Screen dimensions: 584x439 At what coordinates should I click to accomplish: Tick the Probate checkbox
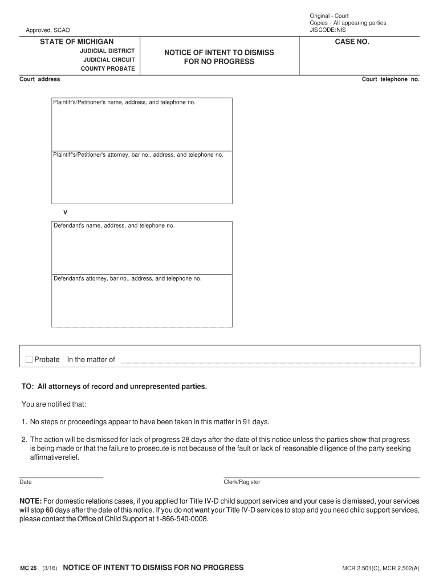coord(29,359)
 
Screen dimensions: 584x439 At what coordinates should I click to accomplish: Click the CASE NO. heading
coord(352,42)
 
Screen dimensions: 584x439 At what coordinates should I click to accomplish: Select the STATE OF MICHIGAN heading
coord(77,42)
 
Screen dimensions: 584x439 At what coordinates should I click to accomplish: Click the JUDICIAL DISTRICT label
coord(107,51)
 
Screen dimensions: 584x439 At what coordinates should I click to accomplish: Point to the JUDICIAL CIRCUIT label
coord(109,60)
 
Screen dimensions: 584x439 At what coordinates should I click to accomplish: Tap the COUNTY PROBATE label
coord(108,69)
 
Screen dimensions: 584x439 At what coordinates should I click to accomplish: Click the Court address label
coord(40,79)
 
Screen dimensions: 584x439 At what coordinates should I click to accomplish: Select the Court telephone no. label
coord(391,79)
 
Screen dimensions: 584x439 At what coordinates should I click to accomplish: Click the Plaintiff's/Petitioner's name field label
coord(124,102)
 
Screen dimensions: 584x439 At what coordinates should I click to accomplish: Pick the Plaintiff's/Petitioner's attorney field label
coord(138,155)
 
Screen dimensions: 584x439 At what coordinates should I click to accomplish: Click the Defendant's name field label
coord(114,225)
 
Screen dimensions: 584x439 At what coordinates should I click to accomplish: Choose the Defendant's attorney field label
coord(128,278)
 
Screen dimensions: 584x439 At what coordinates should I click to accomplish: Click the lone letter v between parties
coord(65,212)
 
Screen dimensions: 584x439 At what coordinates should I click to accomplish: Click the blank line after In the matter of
coord(267,360)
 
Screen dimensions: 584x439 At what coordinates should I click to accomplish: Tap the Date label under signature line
coord(26,482)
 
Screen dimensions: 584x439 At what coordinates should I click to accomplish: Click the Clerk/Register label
coord(242,482)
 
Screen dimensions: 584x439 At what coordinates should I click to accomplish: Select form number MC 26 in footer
coord(29,568)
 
